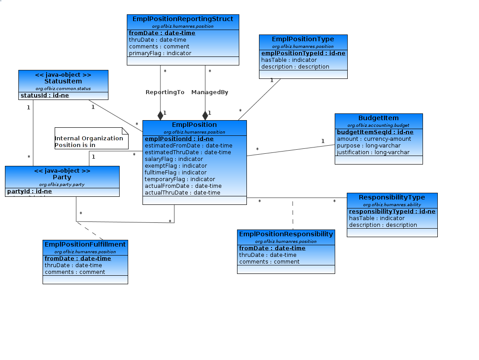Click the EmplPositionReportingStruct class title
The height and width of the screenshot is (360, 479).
(x=183, y=19)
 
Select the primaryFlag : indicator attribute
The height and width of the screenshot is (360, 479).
(x=160, y=53)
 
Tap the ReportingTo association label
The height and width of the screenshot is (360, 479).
(x=165, y=92)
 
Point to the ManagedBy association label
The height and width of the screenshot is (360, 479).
(x=210, y=92)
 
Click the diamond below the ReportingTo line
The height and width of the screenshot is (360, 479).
(x=160, y=115)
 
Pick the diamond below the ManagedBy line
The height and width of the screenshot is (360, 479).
(x=205, y=115)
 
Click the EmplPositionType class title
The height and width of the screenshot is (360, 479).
(x=303, y=39)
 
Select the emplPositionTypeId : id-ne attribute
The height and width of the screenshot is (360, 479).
(x=303, y=53)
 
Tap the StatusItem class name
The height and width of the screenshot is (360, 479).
(x=63, y=82)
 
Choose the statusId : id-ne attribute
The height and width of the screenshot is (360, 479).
(x=45, y=95)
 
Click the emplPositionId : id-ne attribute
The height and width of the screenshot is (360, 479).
(x=179, y=139)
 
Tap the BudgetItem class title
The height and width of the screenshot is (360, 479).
(x=378, y=118)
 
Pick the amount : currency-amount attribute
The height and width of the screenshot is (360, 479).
(x=374, y=139)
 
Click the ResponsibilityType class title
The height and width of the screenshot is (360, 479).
(x=392, y=197)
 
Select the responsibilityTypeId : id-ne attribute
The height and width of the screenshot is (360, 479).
(x=392, y=212)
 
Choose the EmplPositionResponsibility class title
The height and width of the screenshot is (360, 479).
(x=286, y=234)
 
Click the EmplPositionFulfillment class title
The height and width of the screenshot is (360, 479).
(x=85, y=244)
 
